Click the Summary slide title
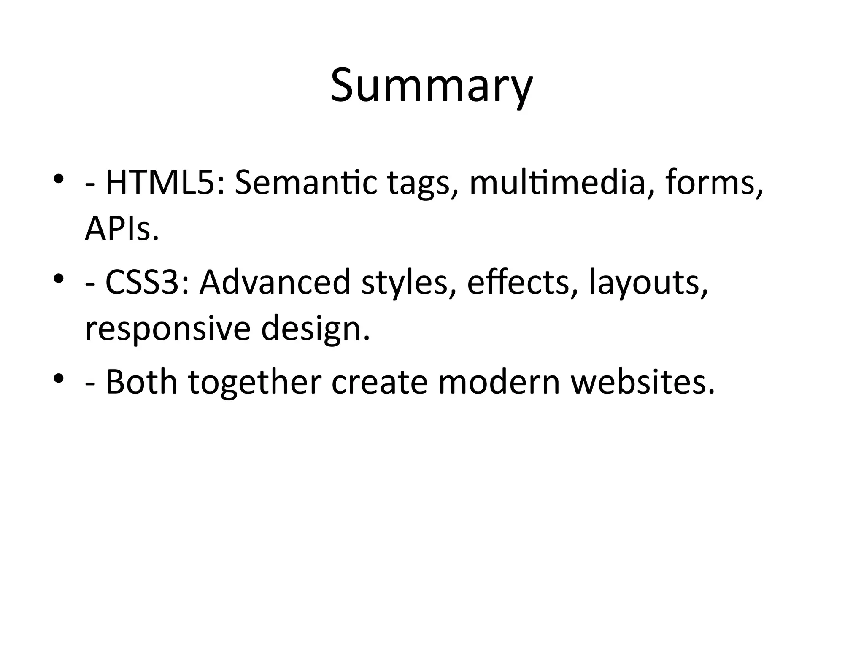432,86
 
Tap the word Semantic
305,183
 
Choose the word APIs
121,229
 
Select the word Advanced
275,282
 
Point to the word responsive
167,329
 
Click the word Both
141,382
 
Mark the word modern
499,382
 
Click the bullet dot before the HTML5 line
59,179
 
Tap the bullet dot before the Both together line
59,378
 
